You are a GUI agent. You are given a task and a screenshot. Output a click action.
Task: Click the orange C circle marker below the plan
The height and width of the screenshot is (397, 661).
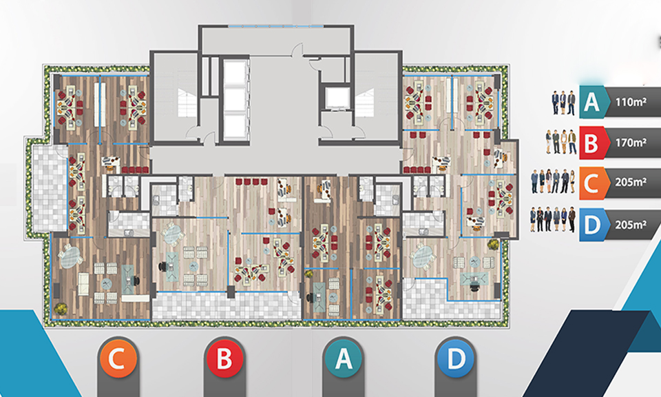click(118, 358)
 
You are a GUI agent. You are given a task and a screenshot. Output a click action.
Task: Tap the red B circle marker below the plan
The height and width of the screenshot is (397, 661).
click(224, 358)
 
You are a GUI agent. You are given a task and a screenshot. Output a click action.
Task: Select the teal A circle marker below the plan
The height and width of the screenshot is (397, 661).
click(344, 358)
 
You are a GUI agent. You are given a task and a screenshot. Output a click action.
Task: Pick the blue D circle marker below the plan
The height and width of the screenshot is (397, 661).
click(456, 358)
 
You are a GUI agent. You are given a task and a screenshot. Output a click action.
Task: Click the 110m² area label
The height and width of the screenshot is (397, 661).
click(631, 102)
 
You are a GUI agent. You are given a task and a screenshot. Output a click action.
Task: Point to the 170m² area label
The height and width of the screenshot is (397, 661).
click(631, 143)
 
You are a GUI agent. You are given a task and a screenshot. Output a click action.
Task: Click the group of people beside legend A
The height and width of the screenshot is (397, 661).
click(564, 103)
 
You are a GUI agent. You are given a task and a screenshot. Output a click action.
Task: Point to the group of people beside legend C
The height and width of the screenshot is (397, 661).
click(553, 182)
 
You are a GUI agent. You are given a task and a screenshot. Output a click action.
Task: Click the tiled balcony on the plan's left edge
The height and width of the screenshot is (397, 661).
click(50, 188)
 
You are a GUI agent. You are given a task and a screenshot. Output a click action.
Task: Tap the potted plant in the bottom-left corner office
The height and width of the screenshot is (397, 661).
click(61, 308)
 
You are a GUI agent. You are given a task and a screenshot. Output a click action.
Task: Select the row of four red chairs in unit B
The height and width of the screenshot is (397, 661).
click(252, 181)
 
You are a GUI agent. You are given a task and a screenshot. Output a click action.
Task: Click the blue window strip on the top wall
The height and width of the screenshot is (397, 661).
click(276, 26)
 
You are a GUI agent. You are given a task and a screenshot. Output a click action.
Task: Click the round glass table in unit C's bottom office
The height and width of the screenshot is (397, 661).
click(70, 257)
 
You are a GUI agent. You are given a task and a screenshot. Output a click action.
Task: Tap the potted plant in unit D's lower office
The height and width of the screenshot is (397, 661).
click(493, 244)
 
